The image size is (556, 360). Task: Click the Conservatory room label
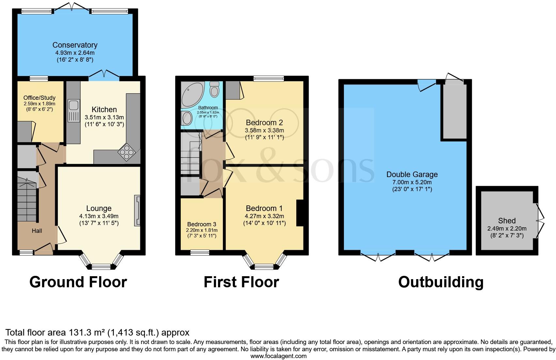[75, 45]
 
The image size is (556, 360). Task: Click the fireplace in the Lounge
[137, 211]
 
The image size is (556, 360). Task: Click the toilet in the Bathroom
[214, 89]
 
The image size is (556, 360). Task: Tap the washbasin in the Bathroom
[187, 118]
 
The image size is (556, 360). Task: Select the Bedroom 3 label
[202, 224]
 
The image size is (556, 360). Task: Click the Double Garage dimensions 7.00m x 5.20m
[412, 182]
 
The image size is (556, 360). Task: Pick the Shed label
[507, 221]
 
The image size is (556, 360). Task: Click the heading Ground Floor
[78, 282]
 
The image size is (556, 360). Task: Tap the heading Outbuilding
[440, 282]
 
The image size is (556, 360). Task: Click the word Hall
[37, 231]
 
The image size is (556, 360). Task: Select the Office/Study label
[39, 98]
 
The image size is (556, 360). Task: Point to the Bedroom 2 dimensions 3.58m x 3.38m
[264, 130]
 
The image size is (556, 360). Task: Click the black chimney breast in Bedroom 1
[300, 213]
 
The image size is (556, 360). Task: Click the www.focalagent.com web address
[278, 356]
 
